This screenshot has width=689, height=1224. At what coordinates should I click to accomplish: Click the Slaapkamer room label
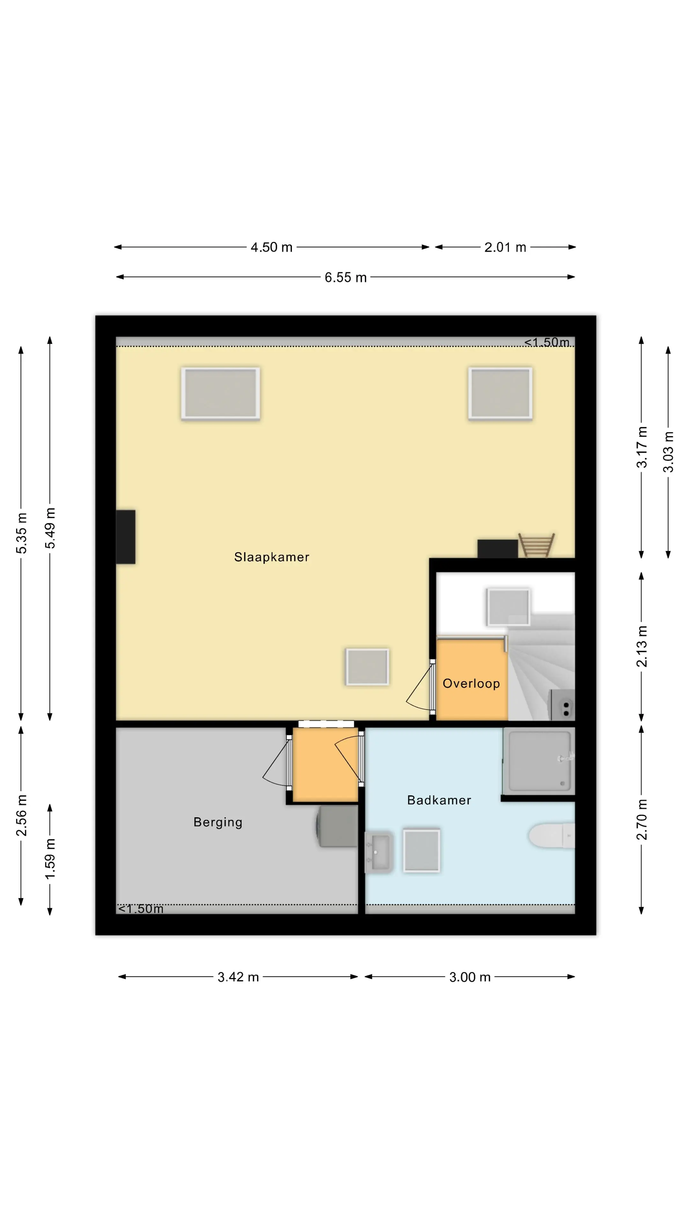271,557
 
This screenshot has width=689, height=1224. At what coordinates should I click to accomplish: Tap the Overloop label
471,683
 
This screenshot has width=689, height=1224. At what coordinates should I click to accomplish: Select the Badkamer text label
439,800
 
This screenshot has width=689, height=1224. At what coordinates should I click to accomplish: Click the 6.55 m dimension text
346,278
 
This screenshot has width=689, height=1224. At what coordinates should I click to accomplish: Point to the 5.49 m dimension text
50,528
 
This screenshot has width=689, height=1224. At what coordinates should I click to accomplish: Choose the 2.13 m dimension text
641,646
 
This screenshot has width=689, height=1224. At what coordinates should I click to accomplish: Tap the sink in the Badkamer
379,852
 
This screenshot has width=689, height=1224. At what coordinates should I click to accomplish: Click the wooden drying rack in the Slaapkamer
536,545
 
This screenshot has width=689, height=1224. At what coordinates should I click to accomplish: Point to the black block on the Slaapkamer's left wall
126,537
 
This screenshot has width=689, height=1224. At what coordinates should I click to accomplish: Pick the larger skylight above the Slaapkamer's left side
220,393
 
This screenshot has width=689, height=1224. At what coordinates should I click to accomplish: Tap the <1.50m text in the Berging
141,908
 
